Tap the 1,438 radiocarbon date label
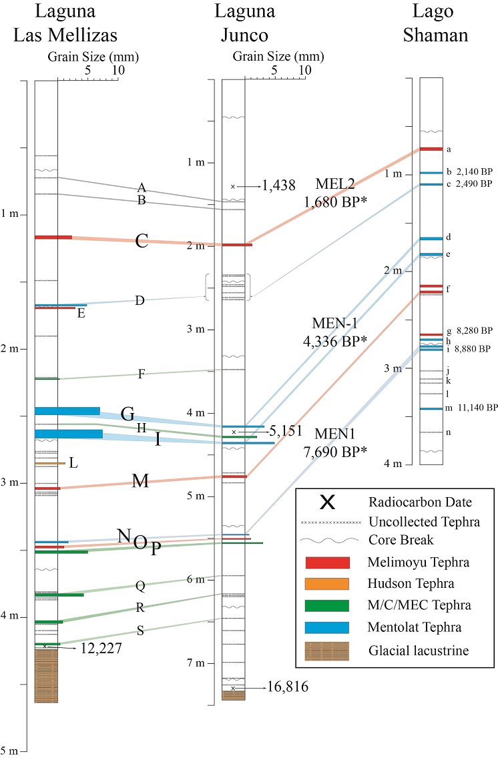click(x=278, y=186)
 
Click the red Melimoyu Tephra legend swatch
click(x=326, y=562)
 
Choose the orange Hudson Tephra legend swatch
click(x=326, y=584)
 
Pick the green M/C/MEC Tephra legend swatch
click(x=326, y=605)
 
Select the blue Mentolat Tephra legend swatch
click(x=326, y=627)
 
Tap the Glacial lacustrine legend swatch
click(x=326, y=650)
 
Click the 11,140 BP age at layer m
click(x=474, y=407)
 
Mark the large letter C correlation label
click(x=142, y=241)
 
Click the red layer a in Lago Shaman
click(x=431, y=148)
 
